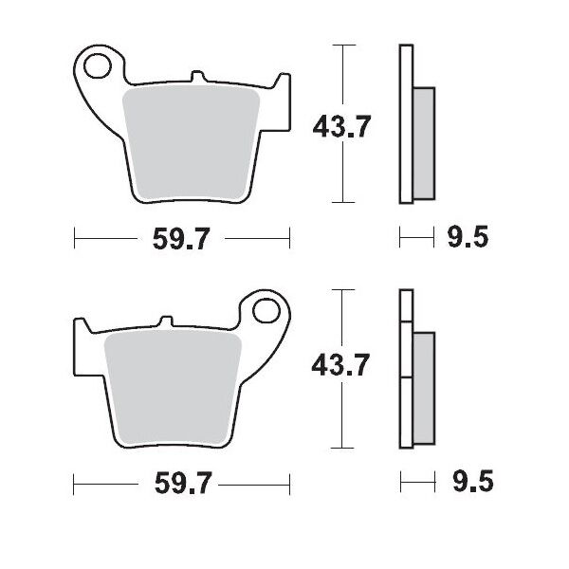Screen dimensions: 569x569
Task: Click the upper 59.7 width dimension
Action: (x=181, y=241)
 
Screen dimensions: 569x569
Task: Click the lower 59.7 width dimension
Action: (x=181, y=486)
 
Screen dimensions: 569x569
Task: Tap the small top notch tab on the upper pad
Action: (x=196, y=75)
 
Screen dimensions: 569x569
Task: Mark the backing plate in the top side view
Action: (x=406, y=123)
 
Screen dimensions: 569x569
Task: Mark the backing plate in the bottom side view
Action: (x=406, y=370)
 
